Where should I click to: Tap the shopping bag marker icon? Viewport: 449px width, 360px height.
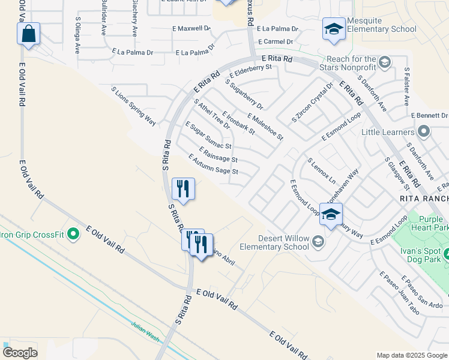(x=28, y=34)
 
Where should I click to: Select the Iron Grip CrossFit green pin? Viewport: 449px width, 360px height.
(x=74, y=233)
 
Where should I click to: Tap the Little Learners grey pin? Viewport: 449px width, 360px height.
(x=424, y=131)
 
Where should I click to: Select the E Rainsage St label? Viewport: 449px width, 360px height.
(x=218, y=154)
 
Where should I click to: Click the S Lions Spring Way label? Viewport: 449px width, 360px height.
(x=133, y=106)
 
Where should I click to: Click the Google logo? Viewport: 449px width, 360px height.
(x=20, y=352)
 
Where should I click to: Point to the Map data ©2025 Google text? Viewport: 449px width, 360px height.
(x=412, y=355)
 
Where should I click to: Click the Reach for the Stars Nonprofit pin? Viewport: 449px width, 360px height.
(x=384, y=62)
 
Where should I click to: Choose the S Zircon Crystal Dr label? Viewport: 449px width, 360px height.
(x=312, y=101)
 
